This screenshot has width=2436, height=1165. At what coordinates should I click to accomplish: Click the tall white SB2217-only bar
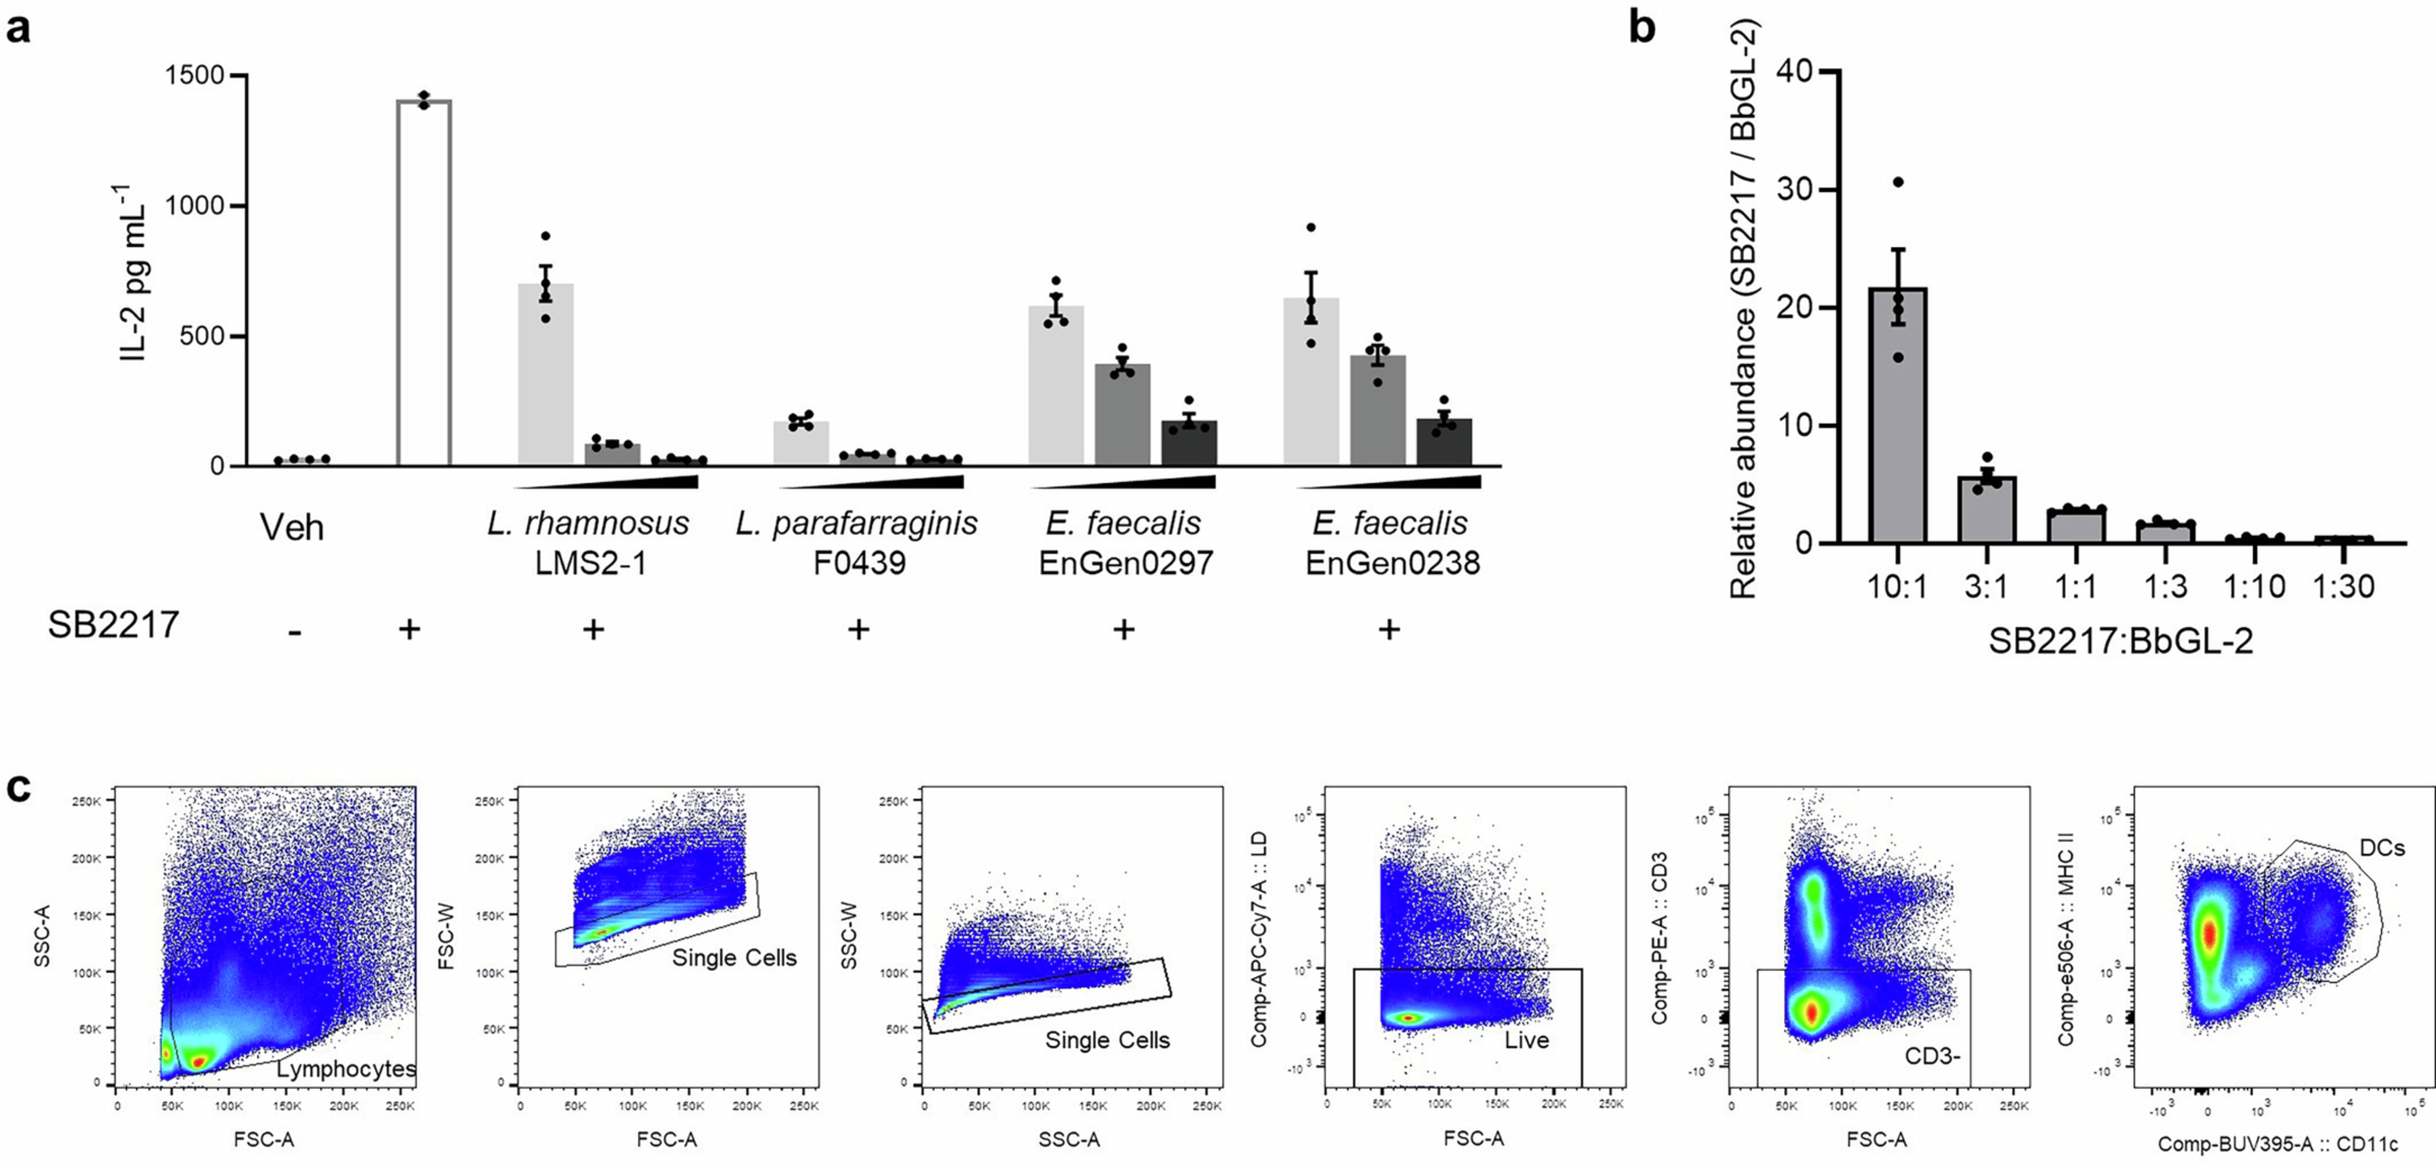[424, 284]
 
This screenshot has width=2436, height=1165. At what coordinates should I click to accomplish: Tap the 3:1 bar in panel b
[1987, 511]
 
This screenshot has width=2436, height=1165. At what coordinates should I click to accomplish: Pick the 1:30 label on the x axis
[2343, 587]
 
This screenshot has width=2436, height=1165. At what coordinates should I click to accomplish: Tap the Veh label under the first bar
[292, 527]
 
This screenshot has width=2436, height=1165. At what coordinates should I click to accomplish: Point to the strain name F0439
[859, 563]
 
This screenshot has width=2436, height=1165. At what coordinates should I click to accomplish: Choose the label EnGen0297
[1125, 563]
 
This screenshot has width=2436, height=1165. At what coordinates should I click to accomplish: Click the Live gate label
[1526, 1040]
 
